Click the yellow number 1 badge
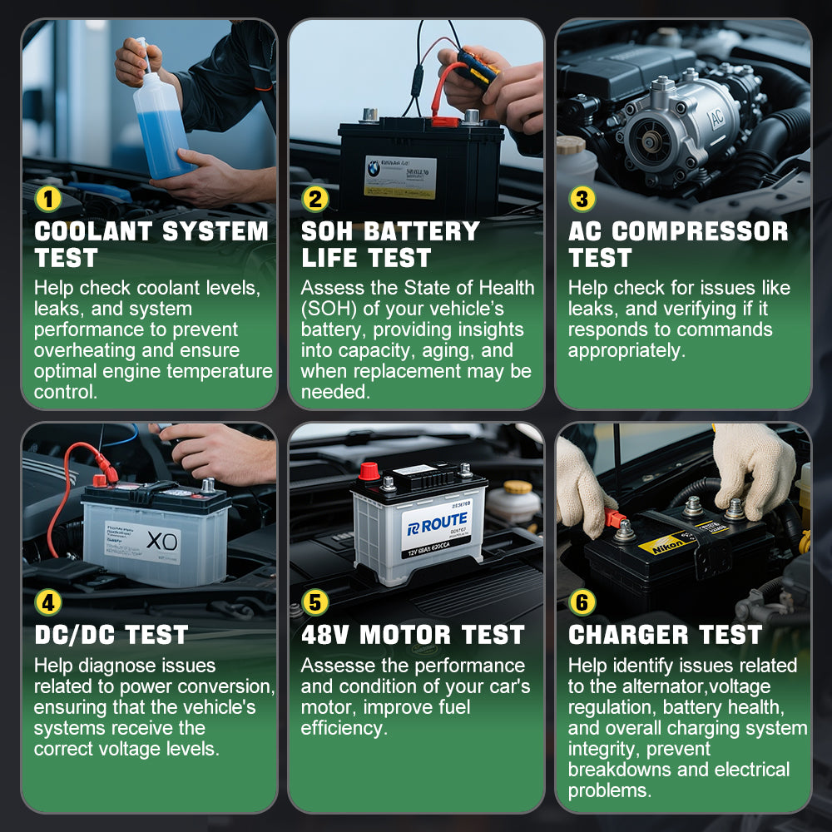point(48,200)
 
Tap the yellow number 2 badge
point(315,200)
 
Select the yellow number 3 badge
point(582,200)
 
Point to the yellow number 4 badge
point(48,602)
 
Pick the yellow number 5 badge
point(315,602)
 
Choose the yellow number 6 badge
point(582,602)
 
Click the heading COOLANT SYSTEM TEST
point(150,244)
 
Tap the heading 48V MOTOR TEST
point(413,635)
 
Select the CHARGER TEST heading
point(665,635)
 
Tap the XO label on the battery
point(161,542)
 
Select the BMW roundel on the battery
point(375,168)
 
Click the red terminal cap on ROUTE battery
point(369,472)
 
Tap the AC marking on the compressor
point(715,121)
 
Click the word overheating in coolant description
point(83,350)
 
